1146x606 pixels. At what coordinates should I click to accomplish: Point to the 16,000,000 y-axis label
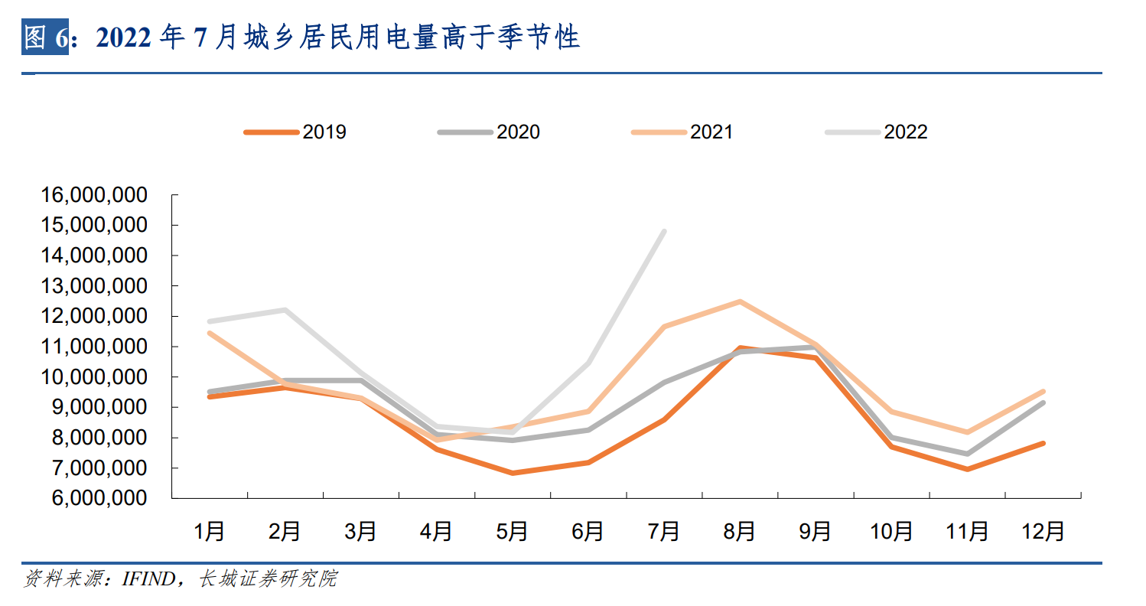[x=94, y=195]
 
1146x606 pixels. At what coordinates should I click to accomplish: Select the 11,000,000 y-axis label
[x=94, y=347]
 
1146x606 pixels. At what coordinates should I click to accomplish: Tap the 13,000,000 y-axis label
[x=94, y=286]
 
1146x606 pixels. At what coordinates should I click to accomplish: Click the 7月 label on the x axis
[x=664, y=531]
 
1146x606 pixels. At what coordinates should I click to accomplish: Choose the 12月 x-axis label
[x=1043, y=531]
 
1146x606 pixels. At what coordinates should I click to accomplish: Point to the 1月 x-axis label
[x=210, y=531]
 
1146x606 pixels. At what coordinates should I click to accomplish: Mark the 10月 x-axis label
[x=891, y=531]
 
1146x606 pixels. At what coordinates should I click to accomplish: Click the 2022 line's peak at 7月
[x=664, y=231]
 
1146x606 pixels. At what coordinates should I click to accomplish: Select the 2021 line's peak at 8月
[x=740, y=301]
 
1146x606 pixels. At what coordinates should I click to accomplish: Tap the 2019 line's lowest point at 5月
[x=513, y=473]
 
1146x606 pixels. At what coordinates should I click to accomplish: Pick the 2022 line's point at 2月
[x=285, y=310]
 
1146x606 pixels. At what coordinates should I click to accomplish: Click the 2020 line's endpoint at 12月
[x=1043, y=402]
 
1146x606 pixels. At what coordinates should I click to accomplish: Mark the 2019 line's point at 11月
[x=967, y=469]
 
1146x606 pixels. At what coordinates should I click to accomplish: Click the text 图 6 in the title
[x=46, y=37]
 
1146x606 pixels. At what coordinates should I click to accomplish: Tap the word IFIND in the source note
[x=149, y=579]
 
